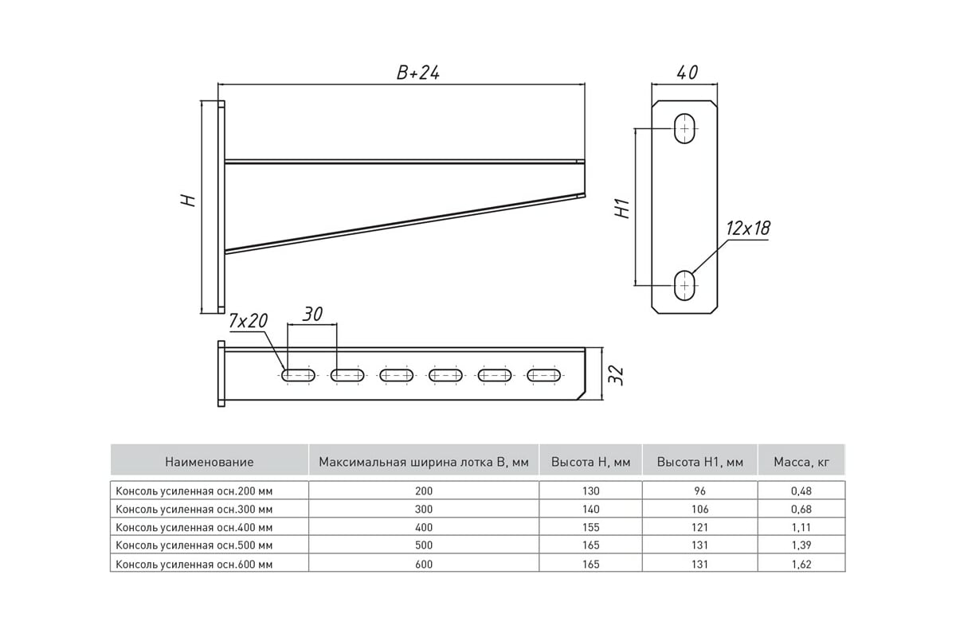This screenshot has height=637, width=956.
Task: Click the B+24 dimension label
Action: (418, 72)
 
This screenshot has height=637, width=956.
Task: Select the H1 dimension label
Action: (623, 209)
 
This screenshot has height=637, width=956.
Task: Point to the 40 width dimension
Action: (687, 72)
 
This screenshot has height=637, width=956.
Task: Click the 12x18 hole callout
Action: (748, 229)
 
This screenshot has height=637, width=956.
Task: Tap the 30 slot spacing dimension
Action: (312, 315)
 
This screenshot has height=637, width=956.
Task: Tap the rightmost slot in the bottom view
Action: (543, 374)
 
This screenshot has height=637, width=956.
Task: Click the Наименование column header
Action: (210, 461)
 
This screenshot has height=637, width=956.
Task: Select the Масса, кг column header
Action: (801, 461)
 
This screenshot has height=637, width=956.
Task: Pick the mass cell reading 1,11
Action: (801, 527)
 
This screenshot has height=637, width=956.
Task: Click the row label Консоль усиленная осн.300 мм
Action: (194, 509)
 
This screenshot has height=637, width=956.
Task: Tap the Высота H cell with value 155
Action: (590, 527)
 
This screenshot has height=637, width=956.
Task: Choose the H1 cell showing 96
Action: (699, 491)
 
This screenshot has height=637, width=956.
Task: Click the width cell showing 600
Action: (424, 563)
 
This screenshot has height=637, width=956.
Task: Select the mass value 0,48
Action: (801, 491)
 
